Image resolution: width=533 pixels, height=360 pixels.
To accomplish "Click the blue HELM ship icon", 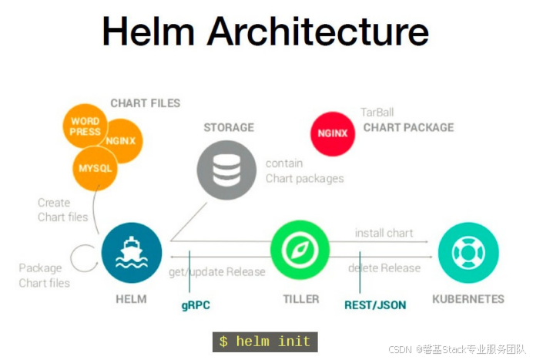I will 132,253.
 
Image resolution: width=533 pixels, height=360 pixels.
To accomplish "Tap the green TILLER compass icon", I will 300,250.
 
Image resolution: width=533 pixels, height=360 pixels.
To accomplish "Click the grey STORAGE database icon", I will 226,170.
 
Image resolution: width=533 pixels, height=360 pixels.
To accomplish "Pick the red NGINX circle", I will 333,133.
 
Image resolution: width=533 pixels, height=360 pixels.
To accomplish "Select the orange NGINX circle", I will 122,141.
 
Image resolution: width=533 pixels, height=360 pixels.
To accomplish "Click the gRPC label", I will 196,305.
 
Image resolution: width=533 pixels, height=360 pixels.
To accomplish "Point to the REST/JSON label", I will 375,305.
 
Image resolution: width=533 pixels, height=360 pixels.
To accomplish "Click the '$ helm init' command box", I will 265,341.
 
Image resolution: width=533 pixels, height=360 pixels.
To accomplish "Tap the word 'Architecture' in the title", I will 317,32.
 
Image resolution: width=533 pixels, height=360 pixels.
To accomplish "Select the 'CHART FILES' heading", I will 145,103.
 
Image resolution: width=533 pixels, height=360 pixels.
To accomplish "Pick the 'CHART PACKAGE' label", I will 408,127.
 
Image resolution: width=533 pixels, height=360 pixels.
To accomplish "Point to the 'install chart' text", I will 384,233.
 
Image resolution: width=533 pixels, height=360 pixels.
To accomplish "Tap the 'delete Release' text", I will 384,268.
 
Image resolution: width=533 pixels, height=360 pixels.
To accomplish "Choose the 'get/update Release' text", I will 217,271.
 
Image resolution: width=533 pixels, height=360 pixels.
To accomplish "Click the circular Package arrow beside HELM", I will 81,254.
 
